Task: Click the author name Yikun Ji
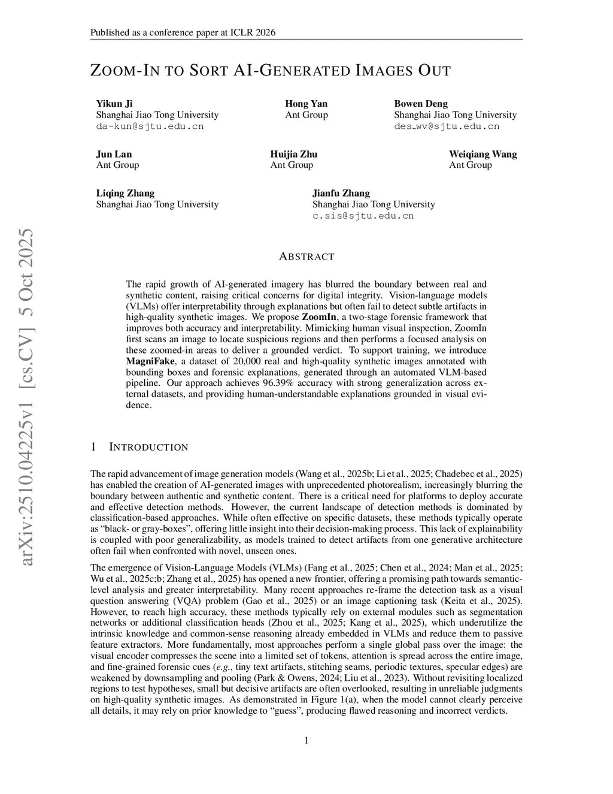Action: click(114, 104)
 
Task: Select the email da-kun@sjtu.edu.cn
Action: click(150, 126)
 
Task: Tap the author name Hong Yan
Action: click(306, 104)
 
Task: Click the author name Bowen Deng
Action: click(420, 104)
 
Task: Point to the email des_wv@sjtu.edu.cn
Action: click(446, 126)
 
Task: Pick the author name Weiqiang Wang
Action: click(482, 154)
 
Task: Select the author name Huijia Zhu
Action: click(293, 154)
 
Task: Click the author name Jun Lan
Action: click(114, 154)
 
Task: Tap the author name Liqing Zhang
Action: click(125, 193)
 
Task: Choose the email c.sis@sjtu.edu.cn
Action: click(363, 216)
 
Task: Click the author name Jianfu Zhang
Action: click(341, 193)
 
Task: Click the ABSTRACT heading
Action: click(306, 256)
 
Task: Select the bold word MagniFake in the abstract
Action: click(150, 361)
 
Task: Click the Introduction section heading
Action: click(148, 447)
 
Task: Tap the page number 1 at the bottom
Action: click(306, 741)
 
